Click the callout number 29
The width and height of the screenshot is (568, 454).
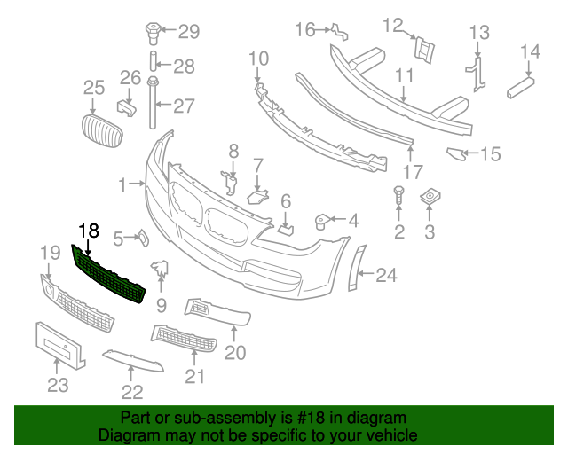(189, 33)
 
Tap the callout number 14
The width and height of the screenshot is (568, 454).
(530, 51)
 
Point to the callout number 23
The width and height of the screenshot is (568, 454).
(57, 386)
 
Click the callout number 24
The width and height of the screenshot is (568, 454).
(386, 276)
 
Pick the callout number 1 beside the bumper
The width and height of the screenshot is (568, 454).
(122, 184)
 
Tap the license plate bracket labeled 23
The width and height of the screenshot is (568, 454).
(59, 345)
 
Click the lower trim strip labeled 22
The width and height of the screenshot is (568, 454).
(132, 360)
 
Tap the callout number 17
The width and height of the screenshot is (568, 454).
(412, 171)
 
